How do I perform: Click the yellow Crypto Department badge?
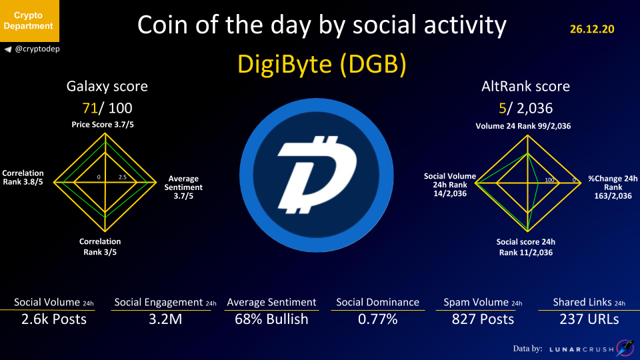point(29,21)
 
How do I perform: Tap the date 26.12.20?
point(592,29)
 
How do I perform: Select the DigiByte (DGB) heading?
point(321,64)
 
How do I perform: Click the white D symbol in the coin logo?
point(317,175)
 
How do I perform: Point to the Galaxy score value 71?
point(90,108)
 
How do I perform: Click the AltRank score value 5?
point(503,108)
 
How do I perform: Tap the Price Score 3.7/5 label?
point(103,125)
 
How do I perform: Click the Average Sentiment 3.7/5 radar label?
point(183,187)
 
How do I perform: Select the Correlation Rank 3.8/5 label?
point(23,177)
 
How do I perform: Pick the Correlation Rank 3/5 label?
point(100,247)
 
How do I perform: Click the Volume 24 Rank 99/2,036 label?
point(523,126)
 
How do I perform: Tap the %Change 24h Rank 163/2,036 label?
point(613,187)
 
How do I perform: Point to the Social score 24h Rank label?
point(526,247)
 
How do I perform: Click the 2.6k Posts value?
point(54,319)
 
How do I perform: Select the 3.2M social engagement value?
point(165,319)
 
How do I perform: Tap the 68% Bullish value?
point(271,319)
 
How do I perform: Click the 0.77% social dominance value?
point(378,319)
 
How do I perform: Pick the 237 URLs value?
point(589,319)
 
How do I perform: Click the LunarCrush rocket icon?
point(625,348)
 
